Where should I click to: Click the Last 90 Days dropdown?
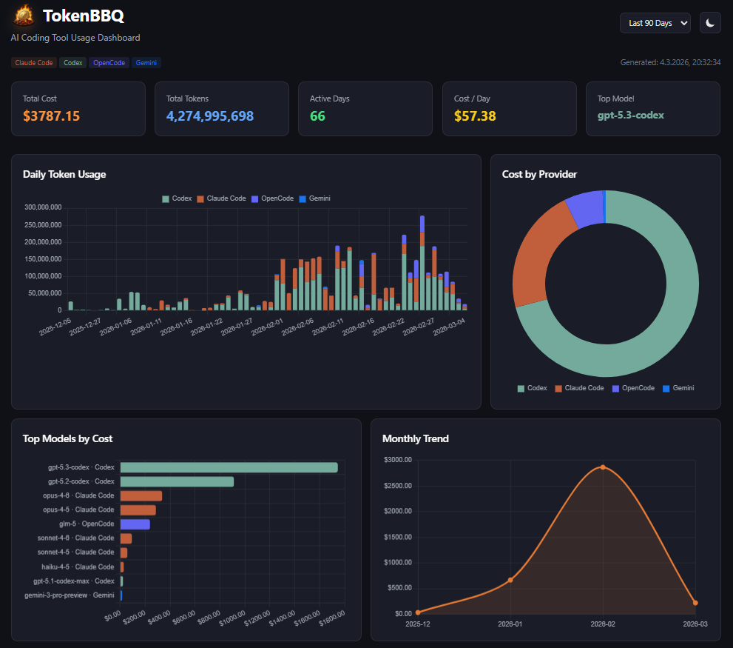tap(655, 23)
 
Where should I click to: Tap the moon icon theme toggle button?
tap(710, 23)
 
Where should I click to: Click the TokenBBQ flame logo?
tap(24, 16)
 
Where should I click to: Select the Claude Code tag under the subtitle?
tap(34, 63)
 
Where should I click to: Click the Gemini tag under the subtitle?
tap(146, 63)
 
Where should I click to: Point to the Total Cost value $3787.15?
tap(51, 116)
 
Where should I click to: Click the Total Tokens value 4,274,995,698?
tap(210, 116)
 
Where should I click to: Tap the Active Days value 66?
tap(317, 116)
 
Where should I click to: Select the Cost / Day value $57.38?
tap(475, 116)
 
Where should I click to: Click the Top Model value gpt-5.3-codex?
tap(631, 116)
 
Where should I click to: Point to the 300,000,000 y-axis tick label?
tap(42, 207)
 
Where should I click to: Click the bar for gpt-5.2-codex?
tap(177, 481)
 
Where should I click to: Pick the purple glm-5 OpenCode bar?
tap(135, 524)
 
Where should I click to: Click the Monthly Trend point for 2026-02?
tap(603, 467)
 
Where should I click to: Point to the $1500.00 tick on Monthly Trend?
tap(398, 537)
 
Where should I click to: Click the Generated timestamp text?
tap(670, 63)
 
